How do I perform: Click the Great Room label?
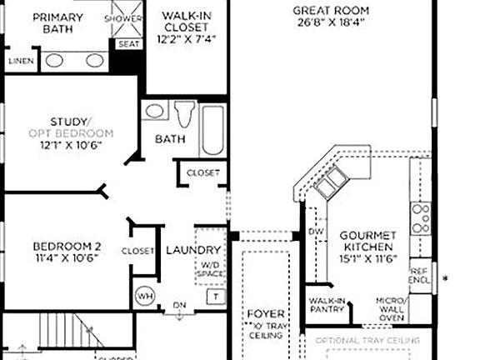click(x=331, y=10)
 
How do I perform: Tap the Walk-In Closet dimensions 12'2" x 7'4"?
click(x=186, y=39)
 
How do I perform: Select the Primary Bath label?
click(x=52, y=22)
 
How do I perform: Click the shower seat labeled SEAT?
click(x=128, y=44)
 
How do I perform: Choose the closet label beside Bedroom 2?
click(x=137, y=251)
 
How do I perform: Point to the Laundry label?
click(x=193, y=250)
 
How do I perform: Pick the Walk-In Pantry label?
click(x=327, y=305)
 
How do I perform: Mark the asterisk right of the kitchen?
click(x=446, y=278)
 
